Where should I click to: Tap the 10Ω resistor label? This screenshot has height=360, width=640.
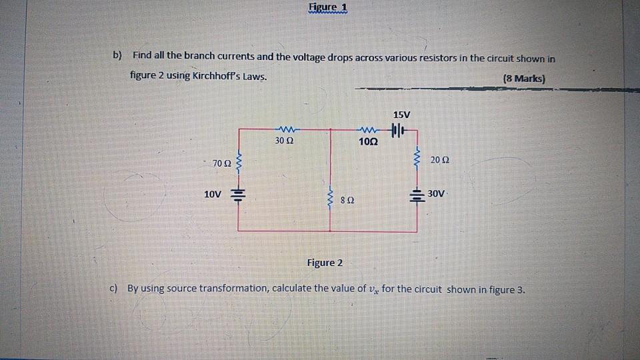(x=367, y=142)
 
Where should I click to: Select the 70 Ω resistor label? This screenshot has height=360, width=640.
(x=221, y=163)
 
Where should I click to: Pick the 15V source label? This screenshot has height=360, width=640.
(x=402, y=115)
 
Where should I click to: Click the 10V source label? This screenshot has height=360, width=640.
(x=213, y=194)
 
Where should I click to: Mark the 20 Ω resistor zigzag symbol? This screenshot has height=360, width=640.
(x=417, y=159)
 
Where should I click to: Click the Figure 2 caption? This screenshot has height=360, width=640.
(x=325, y=263)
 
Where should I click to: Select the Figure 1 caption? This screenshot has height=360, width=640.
(x=329, y=8)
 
